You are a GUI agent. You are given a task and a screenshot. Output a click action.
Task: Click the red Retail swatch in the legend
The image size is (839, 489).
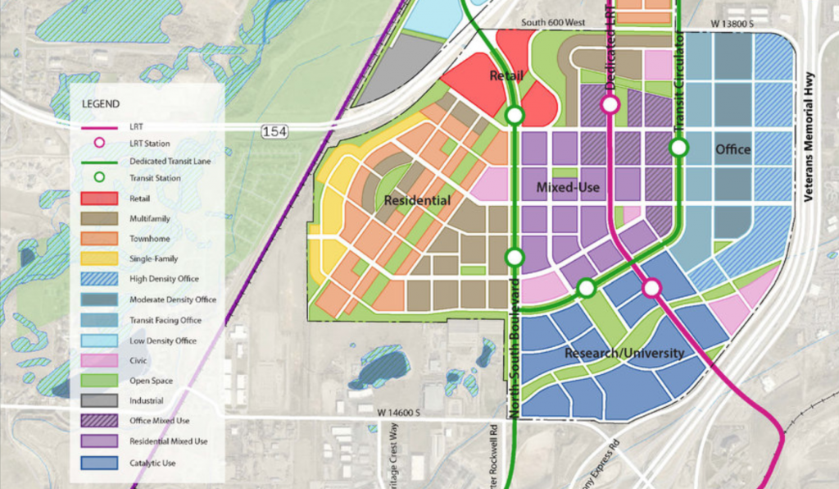[x=99, y=198]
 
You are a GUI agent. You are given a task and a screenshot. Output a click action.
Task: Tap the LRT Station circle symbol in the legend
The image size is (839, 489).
[x=99, y=143]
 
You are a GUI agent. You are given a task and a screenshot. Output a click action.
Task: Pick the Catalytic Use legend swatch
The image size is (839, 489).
[x=99, y=463]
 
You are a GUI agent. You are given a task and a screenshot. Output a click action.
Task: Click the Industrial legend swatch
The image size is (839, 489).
[x=99, y=401]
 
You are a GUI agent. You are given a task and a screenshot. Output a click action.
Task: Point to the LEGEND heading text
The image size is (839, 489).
[x=101, y=104]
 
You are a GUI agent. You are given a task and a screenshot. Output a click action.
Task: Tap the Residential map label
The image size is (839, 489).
[x=416, y=200]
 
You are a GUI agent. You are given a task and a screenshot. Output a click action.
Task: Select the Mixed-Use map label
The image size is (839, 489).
[x=568, y=188]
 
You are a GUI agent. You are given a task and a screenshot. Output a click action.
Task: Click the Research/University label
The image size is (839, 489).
[x=624, y=354]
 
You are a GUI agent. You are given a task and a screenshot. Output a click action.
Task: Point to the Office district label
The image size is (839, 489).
[x=732, y=149]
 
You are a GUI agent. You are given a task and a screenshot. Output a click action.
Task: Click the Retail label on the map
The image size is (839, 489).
[x=506, y=76]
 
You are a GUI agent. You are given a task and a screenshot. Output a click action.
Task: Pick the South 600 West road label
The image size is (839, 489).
[x=563, y=24]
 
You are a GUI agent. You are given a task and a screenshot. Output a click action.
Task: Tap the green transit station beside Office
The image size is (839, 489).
[x=679, y=148]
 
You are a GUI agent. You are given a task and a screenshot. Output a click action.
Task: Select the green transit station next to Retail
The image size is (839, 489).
[x=515, y=116]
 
